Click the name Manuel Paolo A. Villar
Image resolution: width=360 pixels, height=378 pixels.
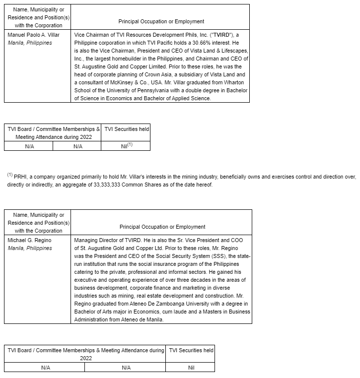tap(33, 35)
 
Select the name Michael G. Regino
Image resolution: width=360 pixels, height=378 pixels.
tap(29, 240)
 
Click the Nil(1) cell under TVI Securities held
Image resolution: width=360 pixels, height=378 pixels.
tap(126, 146)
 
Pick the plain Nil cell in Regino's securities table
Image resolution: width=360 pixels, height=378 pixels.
tap(191, 368)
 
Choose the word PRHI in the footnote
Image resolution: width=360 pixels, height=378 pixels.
tap(20, 177)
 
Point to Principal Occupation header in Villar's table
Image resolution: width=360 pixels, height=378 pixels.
tap(161, 21)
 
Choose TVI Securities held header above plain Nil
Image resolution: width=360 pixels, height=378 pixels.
tap(191, 350)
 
